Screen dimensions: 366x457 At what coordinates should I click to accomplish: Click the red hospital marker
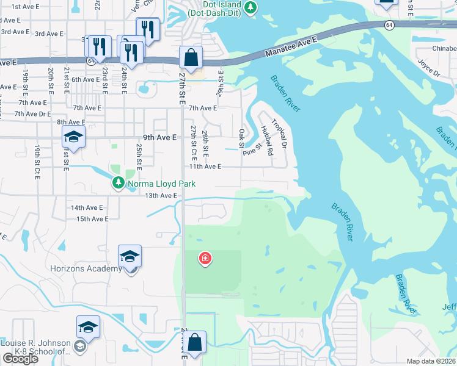pos(205,259)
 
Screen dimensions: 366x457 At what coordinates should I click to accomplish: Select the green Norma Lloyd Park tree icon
pos(117,182)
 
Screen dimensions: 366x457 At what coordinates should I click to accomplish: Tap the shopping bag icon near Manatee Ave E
pos(191,58)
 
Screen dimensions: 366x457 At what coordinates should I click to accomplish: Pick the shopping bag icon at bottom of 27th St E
pos(195,343)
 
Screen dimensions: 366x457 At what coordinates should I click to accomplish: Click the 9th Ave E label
pos(160,138)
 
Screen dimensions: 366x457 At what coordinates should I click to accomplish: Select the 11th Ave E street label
pos(204,166)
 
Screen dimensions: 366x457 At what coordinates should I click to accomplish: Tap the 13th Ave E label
pos(161,195)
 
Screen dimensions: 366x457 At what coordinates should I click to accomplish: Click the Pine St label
pos(252,149)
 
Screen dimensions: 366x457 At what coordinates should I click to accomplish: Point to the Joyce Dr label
pos(428,67)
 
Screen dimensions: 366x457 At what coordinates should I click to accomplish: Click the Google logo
pos(20,359)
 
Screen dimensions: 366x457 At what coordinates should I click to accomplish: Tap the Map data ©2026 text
pos(431,361)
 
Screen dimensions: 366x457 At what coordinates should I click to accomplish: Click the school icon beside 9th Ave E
pos(73,138)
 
